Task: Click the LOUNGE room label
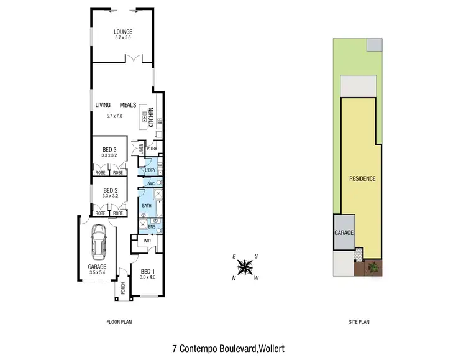[x=123, y=32]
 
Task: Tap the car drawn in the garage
[x=99, y=241]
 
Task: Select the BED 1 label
[x=147, y=271]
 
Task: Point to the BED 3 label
[x=109, y=149]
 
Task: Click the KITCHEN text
[x=151, y=118]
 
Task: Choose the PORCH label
[x=123, y=288]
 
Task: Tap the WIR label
[x=148, y=241]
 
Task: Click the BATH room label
[x=147, y=205]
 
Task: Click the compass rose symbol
[x=245, y=267]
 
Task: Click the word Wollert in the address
[x=270, y=349]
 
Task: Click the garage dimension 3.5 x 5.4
[x=97, y=272]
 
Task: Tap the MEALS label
[x=128, y=105]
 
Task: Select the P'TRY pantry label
[x=150, y=150]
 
